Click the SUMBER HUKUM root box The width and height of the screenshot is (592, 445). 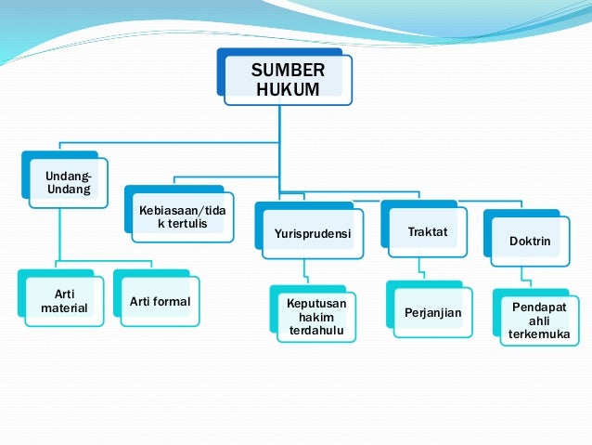click(289, 81)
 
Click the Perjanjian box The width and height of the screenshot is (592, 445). click(432, 315)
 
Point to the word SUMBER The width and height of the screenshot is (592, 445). click(289, 71)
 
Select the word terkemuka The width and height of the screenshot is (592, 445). click(539, 334)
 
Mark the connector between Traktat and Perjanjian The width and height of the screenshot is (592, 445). click(421, 271)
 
